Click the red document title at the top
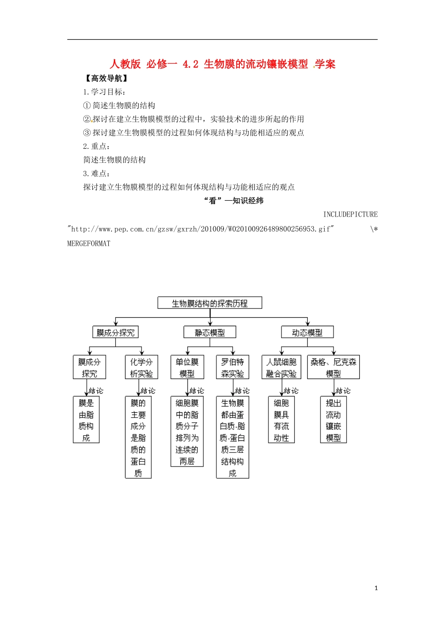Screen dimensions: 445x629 (222, 64)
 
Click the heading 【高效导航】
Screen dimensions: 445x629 (106, 79)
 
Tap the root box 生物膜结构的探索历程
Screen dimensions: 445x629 (209, 303)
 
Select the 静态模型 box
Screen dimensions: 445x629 (209, 333)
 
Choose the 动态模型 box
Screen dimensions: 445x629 (307, 333)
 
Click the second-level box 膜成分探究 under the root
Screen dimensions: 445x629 (115, 333)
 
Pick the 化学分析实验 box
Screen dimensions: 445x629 (141, 368)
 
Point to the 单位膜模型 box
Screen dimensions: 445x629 (187, 368)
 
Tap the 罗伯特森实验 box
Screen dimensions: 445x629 (232, 368)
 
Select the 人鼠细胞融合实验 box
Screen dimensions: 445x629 (281, 368)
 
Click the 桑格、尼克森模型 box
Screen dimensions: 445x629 (333, 368)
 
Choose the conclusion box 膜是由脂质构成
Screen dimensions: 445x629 (86, 420)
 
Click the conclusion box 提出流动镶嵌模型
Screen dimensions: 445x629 (333, 420)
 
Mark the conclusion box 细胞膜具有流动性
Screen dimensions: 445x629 (281, 420)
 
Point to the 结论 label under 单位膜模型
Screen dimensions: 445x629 (197, 391)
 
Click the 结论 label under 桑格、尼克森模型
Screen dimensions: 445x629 (343, 391)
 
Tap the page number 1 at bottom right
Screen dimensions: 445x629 (376, 588)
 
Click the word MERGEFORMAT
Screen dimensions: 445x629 (89, 243)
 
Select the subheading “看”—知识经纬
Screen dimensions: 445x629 (234, 201)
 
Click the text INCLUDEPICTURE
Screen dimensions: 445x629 (350, 214)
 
